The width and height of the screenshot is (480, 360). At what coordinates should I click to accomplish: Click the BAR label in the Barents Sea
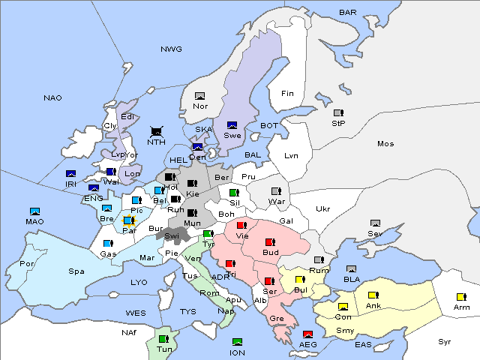click(347, 12)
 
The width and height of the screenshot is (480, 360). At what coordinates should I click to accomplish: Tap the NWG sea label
click(171, 49)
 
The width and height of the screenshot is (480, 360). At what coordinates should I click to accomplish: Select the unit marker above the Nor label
click(199, 96)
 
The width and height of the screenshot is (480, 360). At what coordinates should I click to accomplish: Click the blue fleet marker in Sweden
click(232, 124)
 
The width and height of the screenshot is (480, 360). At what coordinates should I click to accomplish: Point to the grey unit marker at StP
click(338, 113)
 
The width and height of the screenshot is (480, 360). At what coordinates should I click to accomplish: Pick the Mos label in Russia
click(385, 143)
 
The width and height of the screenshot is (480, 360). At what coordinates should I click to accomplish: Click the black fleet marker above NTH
click(157, 131)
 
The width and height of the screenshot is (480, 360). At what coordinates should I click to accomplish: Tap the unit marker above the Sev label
click(376, 223)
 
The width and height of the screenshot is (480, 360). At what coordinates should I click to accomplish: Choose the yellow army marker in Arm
click(461, 296)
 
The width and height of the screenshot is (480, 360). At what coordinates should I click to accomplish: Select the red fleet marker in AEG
click(307, 334)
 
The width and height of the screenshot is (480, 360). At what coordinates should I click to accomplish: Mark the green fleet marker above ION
click(237, 342)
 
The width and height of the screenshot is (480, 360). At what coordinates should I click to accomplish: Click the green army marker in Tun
click(163, 339)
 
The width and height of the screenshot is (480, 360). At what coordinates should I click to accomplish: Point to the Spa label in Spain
click(76, 271)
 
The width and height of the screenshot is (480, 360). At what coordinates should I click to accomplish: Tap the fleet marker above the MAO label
click(34, 211)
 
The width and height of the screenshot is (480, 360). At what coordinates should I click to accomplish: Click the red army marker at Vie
click(241, 225)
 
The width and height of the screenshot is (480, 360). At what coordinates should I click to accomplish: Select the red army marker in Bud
click(270, 241)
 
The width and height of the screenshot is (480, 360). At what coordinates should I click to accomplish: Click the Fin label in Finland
click(286, 94)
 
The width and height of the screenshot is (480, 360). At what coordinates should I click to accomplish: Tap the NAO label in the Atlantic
click(52, 98)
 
